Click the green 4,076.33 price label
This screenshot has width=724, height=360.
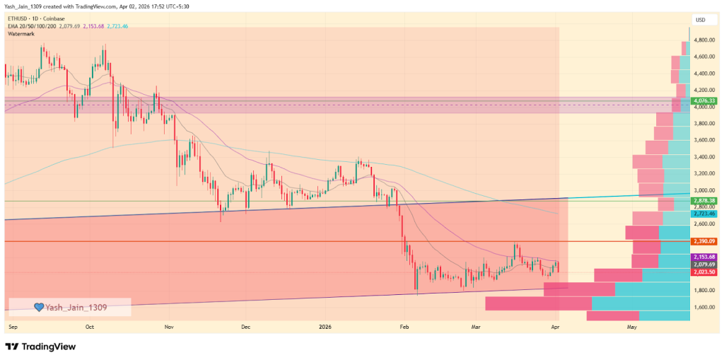[705, 101]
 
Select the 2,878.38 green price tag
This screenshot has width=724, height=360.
[705, 201]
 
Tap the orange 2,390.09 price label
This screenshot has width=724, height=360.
[705, 241]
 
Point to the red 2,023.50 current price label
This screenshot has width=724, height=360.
[705, 272]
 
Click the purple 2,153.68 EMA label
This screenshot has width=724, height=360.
[705, 256]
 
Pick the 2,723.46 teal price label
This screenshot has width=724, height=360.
[705, 213]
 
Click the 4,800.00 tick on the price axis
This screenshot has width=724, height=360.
[705, 40]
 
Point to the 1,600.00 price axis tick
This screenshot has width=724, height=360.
[705, 307]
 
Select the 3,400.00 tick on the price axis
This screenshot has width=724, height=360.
[705, 157]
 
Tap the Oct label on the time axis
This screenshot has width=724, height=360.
[89, 328]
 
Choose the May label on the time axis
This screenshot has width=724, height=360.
[632, 328]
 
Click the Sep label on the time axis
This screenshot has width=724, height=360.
[13, 328]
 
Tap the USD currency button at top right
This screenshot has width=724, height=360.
[701, 19]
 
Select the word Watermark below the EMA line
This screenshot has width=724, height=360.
[22, 33]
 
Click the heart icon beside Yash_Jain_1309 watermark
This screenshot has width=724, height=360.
[40, 307]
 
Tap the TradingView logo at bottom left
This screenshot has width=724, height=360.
[40, 347]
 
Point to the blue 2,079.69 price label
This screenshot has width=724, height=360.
[705, 264]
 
